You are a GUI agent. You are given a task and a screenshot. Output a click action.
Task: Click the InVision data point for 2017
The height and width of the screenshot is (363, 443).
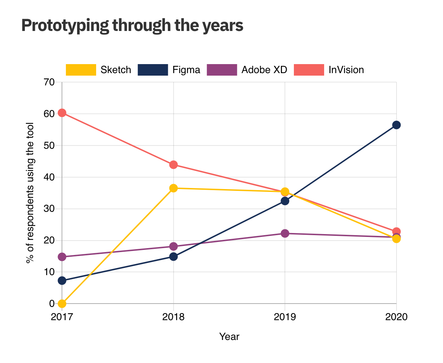point(62,113)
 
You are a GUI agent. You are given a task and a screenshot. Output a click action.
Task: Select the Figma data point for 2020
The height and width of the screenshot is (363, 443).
point(396,125)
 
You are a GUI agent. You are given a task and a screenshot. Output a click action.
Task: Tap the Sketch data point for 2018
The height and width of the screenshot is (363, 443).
point(173,188)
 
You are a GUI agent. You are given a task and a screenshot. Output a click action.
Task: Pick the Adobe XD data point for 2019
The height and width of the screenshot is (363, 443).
point(285,233)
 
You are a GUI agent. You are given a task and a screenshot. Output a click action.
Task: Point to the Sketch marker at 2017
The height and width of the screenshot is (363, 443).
point(62,304)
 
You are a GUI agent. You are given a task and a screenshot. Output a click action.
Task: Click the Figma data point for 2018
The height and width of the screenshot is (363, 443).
point(173,256)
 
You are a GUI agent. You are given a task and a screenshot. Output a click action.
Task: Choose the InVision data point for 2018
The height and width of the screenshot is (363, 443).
point(173,165)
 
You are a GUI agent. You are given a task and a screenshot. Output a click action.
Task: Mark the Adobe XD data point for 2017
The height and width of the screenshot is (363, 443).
point(62,257)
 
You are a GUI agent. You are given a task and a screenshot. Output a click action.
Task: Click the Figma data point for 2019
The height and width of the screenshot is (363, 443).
point(285,201)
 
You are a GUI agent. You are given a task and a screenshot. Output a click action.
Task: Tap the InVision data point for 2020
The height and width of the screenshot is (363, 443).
point(396,232)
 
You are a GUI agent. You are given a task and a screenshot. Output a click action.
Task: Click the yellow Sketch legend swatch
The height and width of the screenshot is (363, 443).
point(81,70)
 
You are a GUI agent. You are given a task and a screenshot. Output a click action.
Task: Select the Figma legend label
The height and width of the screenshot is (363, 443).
point(186,70)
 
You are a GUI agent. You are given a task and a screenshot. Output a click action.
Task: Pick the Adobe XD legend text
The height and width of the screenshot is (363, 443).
point(264,70)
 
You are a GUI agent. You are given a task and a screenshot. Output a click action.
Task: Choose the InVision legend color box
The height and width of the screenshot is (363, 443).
point(309,70)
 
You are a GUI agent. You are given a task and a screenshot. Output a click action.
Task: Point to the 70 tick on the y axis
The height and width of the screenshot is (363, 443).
point(50,82)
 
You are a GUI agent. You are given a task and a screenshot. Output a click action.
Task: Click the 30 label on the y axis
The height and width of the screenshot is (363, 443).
point(50,209)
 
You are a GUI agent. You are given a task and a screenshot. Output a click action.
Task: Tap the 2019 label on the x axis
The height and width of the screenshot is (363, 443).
point(285,317)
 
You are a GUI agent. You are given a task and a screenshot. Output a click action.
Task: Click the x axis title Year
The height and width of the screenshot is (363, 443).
point(229,337)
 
